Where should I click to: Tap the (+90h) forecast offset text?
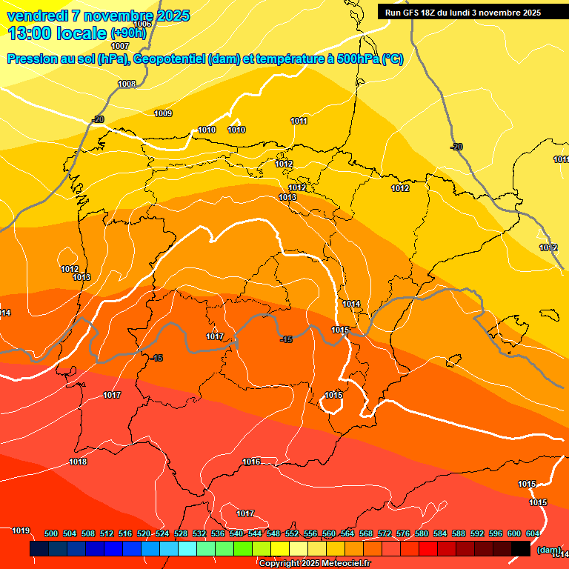pos(129,33)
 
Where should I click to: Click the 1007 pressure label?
pos(120,46)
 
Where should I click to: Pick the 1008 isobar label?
pos(127,84)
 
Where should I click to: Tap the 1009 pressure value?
pos(163,113)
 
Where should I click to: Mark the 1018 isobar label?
pos(78,462)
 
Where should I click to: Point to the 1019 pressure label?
pos(21,530)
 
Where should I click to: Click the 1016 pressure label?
pos(251,462)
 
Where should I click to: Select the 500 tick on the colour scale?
pos(51,533)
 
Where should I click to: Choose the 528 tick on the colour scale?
pos(181,533)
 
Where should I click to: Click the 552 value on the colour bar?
pos(292,533)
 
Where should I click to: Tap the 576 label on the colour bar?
pos(403,533)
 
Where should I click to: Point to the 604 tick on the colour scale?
pos(533,533)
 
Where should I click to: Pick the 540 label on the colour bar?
pos(236,533)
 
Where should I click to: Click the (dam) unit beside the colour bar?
pos(549,549)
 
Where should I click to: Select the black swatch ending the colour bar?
pos(521,548)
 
